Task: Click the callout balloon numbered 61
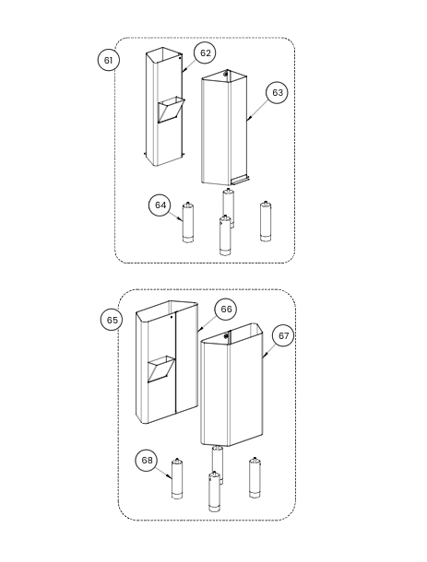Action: tap(108, 60)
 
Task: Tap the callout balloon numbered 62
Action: tap(205, 53)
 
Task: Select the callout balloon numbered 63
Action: tap(277, 92)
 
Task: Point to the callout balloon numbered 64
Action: tap(160, 205)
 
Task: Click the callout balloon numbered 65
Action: tap(112, 320)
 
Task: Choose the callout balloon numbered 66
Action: tap(226, 309)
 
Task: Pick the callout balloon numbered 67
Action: tap(283, 336)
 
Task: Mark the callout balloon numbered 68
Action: tap(147, 461)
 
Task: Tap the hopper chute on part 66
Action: tap(161, 369)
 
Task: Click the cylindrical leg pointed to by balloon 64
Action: tap(188, 223)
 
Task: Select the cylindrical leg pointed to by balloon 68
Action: tap(177, 478)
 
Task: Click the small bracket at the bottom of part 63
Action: tap(240, 180)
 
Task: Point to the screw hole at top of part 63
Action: tap(226, 74)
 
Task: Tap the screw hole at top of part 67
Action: tap(226, 336)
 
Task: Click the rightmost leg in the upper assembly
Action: tap(266, 221)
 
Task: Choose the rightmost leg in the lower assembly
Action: tap(255, 477)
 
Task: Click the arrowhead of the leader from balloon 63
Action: tap(248, 118)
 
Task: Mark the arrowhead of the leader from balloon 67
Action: tap(264, 356)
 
